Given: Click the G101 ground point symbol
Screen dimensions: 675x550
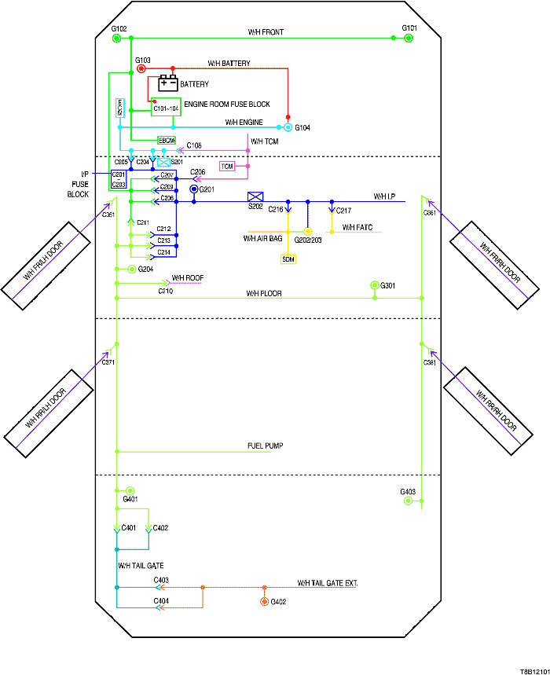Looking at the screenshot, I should [x=408, y=39].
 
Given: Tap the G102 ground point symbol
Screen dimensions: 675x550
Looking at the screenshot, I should [x=116, y=39].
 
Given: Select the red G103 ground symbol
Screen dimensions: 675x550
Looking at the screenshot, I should [x=141, y=68].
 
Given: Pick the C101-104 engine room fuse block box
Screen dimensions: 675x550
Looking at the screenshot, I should [x=166, y=108].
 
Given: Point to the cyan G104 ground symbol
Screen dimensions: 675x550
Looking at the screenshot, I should [x=288, y=127].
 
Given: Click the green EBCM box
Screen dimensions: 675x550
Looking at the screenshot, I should [x=166, y=140].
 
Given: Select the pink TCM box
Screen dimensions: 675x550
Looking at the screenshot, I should [x=227, y=167].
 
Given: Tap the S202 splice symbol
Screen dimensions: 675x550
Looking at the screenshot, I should [x=255, y=196].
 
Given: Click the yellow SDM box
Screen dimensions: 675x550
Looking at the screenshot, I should [x=288, y=259].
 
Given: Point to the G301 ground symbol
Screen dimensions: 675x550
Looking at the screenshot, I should [x=375, y=285].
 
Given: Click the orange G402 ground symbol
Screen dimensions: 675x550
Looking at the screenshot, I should [x=264, y=602].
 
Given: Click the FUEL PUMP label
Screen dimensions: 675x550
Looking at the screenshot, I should [x=265, y=446].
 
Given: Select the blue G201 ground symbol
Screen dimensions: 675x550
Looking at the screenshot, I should [x=193, y=189].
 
